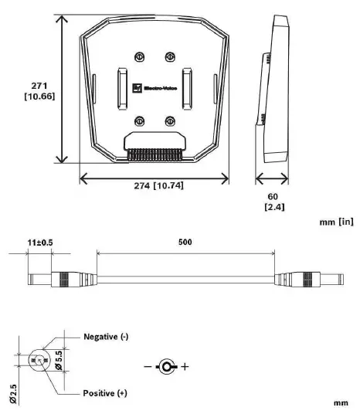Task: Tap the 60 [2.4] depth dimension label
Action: pos(273,202)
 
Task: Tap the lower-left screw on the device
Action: pos(140,120)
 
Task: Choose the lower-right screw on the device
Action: pos(169,120)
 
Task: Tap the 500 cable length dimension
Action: pos(185,242)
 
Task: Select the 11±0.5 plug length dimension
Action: pos(40,242)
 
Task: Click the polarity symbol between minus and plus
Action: pos(165,365)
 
